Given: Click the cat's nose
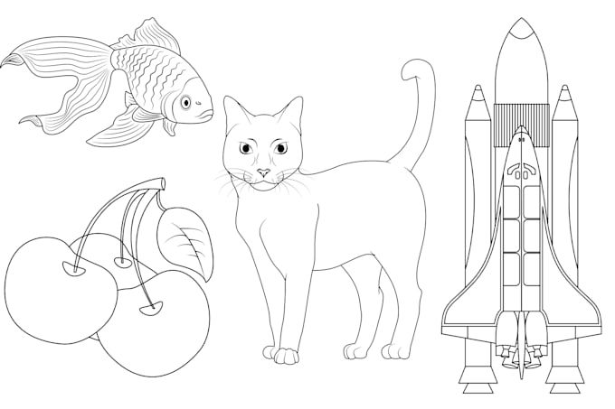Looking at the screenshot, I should click(x=263, y=172).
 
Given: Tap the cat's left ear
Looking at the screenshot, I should click(x=233, y=113).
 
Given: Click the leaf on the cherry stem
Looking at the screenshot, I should click(x=186, y=237).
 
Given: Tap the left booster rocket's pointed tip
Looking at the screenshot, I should click(x=478, y=93).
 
